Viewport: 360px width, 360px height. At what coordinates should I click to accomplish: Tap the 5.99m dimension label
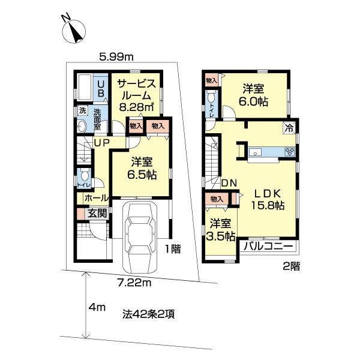[x=116, y=57]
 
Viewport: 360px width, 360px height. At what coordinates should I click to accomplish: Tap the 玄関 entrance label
[x=97, y=212]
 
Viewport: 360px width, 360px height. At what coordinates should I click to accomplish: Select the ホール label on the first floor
[x=96, y=197]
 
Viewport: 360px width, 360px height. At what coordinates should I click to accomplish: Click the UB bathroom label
[x=101, y=88]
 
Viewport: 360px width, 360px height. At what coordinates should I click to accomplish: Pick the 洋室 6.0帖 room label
[x=255, y=95]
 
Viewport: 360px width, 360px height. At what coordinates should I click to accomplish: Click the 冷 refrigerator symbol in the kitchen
[x=289, y=127]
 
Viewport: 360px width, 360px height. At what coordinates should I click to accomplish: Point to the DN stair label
[x=228, y=182]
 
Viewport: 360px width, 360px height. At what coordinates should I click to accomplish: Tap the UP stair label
[x=100, y=142]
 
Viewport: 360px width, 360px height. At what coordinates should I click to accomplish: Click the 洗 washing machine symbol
[x=83, y=111]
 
